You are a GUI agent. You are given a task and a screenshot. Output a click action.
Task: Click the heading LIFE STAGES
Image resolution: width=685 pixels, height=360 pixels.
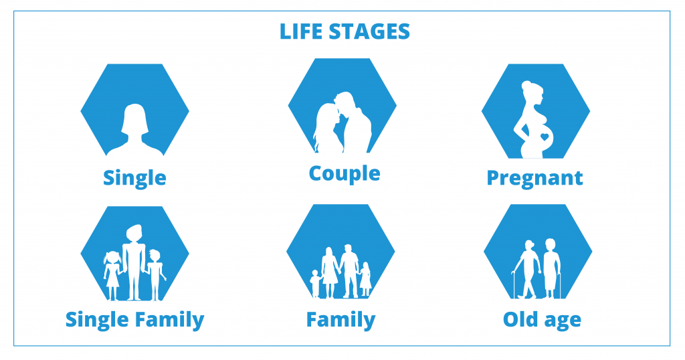coord(345,32)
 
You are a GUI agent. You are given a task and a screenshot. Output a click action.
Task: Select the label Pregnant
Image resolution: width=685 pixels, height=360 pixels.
coord(534,179)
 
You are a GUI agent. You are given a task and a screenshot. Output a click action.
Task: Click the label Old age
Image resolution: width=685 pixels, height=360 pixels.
coord(542,321)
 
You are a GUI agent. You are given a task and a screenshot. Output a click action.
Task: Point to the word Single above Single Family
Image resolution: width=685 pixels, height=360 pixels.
coord(134,179)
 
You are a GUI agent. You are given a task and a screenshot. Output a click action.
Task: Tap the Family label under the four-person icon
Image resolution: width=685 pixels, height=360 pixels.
coord(340,321)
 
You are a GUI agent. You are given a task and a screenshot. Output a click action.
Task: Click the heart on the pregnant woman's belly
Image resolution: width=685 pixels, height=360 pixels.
coord(545,137)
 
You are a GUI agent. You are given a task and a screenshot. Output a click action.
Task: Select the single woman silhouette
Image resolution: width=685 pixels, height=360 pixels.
coord(134,130)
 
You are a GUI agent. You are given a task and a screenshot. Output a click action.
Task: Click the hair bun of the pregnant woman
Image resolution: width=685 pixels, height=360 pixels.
coord(526,85)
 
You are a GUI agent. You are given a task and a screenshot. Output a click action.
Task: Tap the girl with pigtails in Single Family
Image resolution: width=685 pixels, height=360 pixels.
coord(112,275)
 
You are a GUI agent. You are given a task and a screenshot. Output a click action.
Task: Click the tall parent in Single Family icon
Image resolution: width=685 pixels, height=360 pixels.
coord(134,262)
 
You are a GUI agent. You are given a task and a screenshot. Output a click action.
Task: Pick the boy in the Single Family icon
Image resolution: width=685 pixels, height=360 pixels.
coord(155,275)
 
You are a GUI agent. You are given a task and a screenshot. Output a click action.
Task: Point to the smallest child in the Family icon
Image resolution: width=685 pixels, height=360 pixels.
coord(315,284)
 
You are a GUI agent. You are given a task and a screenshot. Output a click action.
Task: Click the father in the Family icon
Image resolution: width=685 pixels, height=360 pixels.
coord(349,271)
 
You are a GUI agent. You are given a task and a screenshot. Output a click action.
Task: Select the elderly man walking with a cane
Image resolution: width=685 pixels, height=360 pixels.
coord(528,269)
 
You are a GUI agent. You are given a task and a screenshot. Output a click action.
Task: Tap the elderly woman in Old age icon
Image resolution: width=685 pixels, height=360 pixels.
coord(551,268)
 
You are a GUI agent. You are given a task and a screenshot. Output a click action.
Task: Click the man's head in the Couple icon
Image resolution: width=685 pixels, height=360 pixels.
coord(345,101)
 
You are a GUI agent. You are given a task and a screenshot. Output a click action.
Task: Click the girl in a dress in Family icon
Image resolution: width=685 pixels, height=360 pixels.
coord(365,279)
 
